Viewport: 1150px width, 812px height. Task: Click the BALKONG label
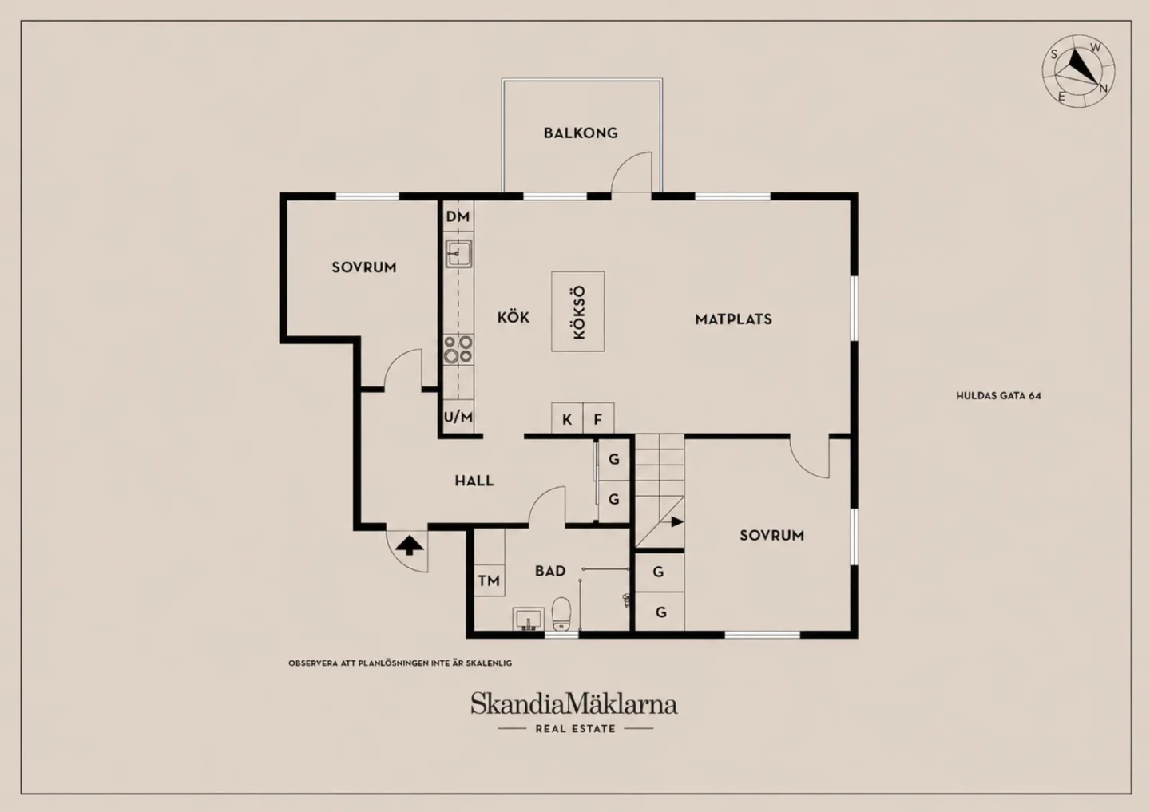(x=580, y=133)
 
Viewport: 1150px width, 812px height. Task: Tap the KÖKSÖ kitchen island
(x=577, y=311)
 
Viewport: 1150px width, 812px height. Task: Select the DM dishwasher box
(x=458, y=216)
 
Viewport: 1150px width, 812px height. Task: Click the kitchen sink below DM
(x=458, y=253)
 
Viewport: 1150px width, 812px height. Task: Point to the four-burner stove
(x=458, y=349)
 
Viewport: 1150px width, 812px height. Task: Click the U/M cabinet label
(x=458, y=417)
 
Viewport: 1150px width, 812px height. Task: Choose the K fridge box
(x=567, y=419)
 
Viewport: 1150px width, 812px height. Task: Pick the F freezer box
(x=598, y=419)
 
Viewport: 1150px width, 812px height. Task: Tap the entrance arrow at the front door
(x=409, y=545)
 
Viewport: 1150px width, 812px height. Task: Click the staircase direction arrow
(x=676, y=521)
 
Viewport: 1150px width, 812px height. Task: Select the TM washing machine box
(x=490, y=580)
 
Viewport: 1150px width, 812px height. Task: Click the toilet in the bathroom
(x=561, y=613)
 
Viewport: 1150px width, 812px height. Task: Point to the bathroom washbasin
(x=529, y=619)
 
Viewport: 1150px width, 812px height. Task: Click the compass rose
(x=1078, y=71)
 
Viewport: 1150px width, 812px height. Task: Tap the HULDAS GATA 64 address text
(x=998, y=396)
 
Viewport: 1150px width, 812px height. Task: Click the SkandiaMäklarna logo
(x=574, y=703)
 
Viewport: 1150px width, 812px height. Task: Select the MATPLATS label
(x=733, y=319)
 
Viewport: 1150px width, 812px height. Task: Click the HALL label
(x=474, y=481)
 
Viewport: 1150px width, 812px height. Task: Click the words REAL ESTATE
(x=576, y=729)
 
